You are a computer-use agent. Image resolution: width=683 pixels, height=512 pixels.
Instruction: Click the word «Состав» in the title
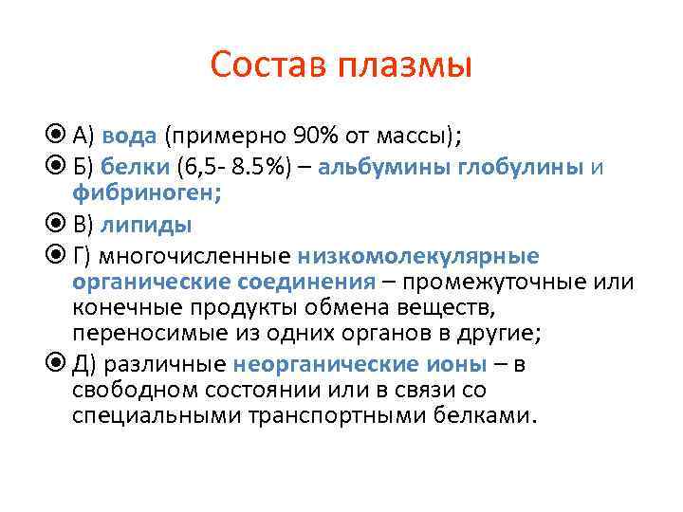click(x=268, y=65)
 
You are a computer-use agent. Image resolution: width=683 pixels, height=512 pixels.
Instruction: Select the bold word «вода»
click(x=129, y=136)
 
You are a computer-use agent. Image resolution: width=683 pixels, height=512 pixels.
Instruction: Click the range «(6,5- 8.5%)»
click(x=240, y=168)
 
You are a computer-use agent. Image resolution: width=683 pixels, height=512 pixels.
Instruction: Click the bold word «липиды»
click(x=146, y=225)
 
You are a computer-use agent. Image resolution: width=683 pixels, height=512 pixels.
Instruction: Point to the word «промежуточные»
click(x=483, y=282)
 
